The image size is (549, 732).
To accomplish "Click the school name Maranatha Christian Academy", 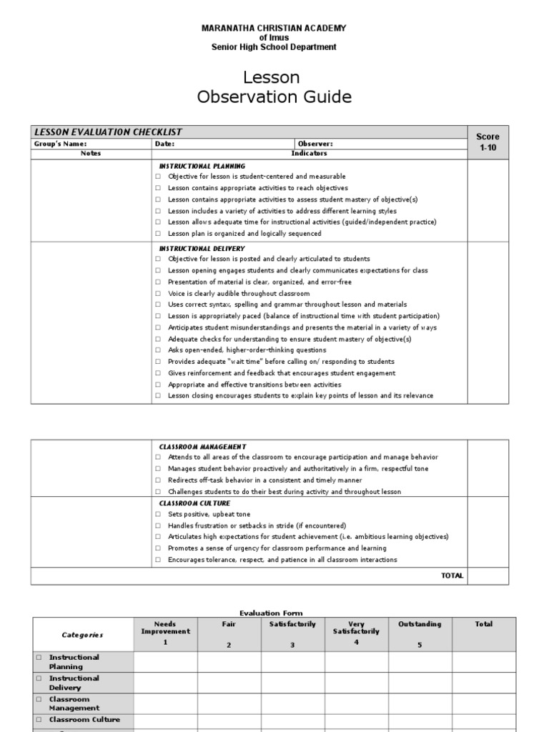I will [x=274, y=28].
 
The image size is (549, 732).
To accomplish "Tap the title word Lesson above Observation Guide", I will [x=274, y=77].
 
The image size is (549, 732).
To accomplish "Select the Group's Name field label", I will [x=61, y=144].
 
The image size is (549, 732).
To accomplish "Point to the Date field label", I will [x=164, y=144].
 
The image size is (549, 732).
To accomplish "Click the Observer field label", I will [x=315, y=144].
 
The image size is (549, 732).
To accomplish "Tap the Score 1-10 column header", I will [x=488, y=142].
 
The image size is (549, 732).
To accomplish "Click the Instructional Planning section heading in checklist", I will [x=202, y=166].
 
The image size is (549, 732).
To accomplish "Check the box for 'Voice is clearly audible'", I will [x=158, y=293].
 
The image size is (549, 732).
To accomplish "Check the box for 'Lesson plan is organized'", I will [x=158, y=234].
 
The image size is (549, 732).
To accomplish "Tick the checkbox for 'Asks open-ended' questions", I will [x=158, y=350].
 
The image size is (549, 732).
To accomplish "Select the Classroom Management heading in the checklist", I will [x=203, y=447].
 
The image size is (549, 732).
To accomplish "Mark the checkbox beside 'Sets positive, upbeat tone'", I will [x=158, y=514].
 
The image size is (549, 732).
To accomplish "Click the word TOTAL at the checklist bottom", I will [x=452, y=575].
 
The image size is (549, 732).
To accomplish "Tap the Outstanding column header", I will [x=420, y=624].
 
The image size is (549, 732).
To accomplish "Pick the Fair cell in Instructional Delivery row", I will [x=229, y=683].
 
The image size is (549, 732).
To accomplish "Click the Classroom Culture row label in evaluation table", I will [x=84, y=720].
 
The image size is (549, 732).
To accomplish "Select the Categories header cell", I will [x=82, y=635].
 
